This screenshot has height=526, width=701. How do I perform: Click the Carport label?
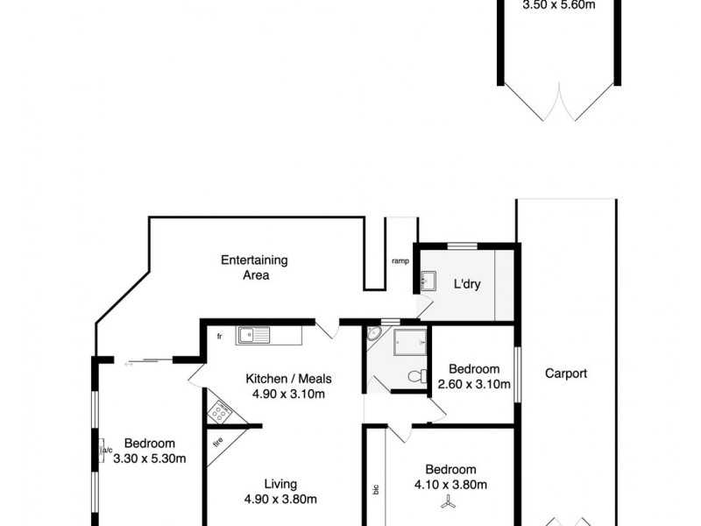[x=565, y=373]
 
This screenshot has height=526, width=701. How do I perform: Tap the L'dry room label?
[x=467, y=285]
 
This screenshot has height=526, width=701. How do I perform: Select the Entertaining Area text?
[x=254, y=267]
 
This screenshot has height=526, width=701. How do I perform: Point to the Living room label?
[x=280, y=483]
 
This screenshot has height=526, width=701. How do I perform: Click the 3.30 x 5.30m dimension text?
[x=149, y=458]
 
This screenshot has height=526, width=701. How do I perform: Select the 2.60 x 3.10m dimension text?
[x=473, y=384]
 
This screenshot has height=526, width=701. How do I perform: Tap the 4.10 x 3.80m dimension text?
[x=451, y=485]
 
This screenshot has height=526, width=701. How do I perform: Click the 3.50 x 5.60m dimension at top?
[x=558, y=4]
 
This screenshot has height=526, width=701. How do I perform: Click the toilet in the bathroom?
[x=417, y=376]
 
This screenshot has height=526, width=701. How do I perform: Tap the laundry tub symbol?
[x=429, y=282]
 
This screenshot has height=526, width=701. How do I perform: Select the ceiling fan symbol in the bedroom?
[x=449, y=502]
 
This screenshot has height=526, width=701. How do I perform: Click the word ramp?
[x=400, y=260]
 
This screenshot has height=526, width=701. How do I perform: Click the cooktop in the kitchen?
[x=219, y=411]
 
